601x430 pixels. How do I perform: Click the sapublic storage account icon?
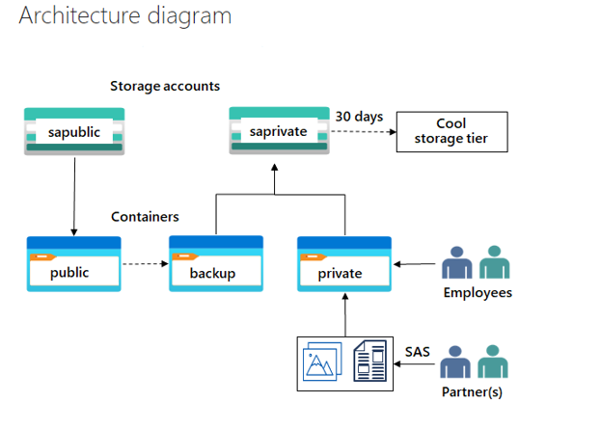pos(73,130)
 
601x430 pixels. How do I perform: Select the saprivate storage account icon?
pos(276,130)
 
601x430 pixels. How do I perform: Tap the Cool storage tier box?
pos(451,131)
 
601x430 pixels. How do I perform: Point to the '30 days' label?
pos(359,117)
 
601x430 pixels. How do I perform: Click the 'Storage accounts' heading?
pos(164,86)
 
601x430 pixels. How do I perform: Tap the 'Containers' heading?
pos(145,217)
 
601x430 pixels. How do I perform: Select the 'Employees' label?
pos(477,293)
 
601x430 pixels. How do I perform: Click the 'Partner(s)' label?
pos(472,392)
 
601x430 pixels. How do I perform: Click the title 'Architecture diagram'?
pos(125,16)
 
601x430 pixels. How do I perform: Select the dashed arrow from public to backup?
pos(145,263)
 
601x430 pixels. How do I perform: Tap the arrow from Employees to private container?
pos(415,263)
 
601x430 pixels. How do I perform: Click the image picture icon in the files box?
pos(322,363)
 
